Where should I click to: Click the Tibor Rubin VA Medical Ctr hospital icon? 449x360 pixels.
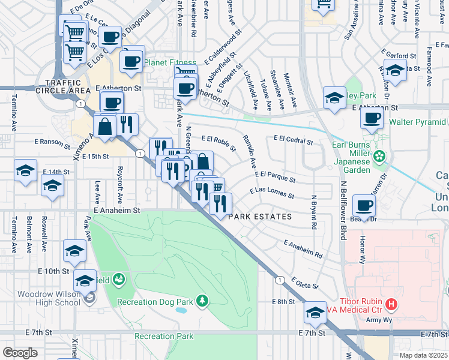(391, 305)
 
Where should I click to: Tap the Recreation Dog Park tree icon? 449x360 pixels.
(203, 300)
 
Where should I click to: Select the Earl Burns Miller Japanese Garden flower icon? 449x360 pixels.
(379, 157)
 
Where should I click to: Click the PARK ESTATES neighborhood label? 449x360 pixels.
(260, 217)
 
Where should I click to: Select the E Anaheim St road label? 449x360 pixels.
(116, 211)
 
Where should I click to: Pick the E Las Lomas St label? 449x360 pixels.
(272, 193)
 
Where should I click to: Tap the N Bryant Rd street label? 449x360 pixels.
(314, 212)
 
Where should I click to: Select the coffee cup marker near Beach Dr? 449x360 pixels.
(364, 206)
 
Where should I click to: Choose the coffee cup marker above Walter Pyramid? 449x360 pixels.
(372, 118)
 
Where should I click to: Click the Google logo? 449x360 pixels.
(20, 353)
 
